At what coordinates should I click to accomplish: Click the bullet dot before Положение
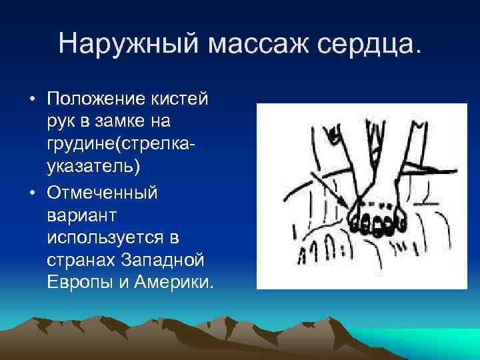[x=31, y=101]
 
